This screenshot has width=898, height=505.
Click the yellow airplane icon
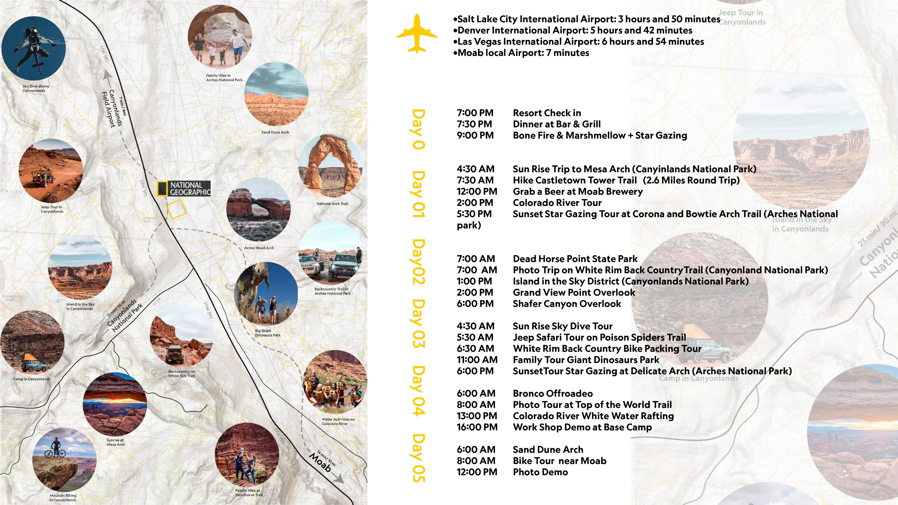pos(417,34)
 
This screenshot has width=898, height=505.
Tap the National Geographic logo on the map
pos(184,188)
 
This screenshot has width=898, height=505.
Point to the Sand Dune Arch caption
pos(275,132)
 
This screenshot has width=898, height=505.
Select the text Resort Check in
pos(547,113)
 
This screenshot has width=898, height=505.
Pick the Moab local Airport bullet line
pos(523,53)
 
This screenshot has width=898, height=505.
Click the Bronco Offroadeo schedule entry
pos(553,393)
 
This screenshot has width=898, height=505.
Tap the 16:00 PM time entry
pos(477,427)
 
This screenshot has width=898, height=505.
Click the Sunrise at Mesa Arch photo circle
pos(115,404)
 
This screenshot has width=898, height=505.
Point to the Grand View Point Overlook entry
pos(574,293)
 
